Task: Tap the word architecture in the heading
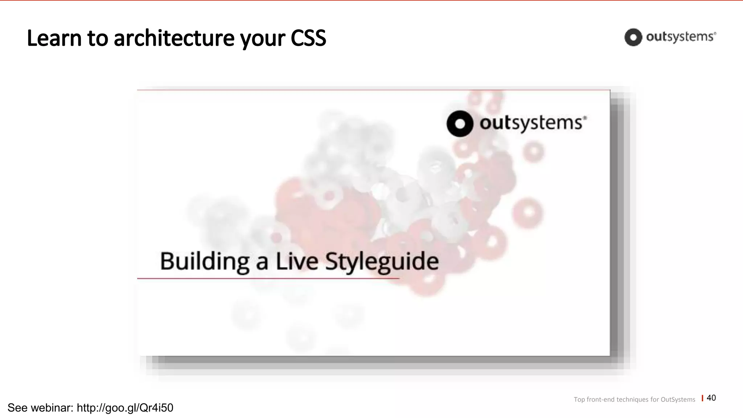tap(174, 38)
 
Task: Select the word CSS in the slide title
tap(308, 38)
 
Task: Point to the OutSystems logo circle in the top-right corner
tap(633, 37)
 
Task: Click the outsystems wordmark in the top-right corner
tap(681, 37)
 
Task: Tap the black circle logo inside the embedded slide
tap(460, 124)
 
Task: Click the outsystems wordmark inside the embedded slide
tap(533, 123)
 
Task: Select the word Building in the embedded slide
tap(204, 261)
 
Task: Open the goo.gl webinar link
tap(125, 408)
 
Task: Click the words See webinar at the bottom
tap(40, 408)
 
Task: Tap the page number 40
tap(711, 398)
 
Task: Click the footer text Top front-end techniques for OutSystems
tap(634, 399)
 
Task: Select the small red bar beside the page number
tap(702, 398)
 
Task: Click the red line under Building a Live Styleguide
tap(268, 278)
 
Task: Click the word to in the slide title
tap(98, 38)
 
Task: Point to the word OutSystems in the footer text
tap(678, 399)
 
